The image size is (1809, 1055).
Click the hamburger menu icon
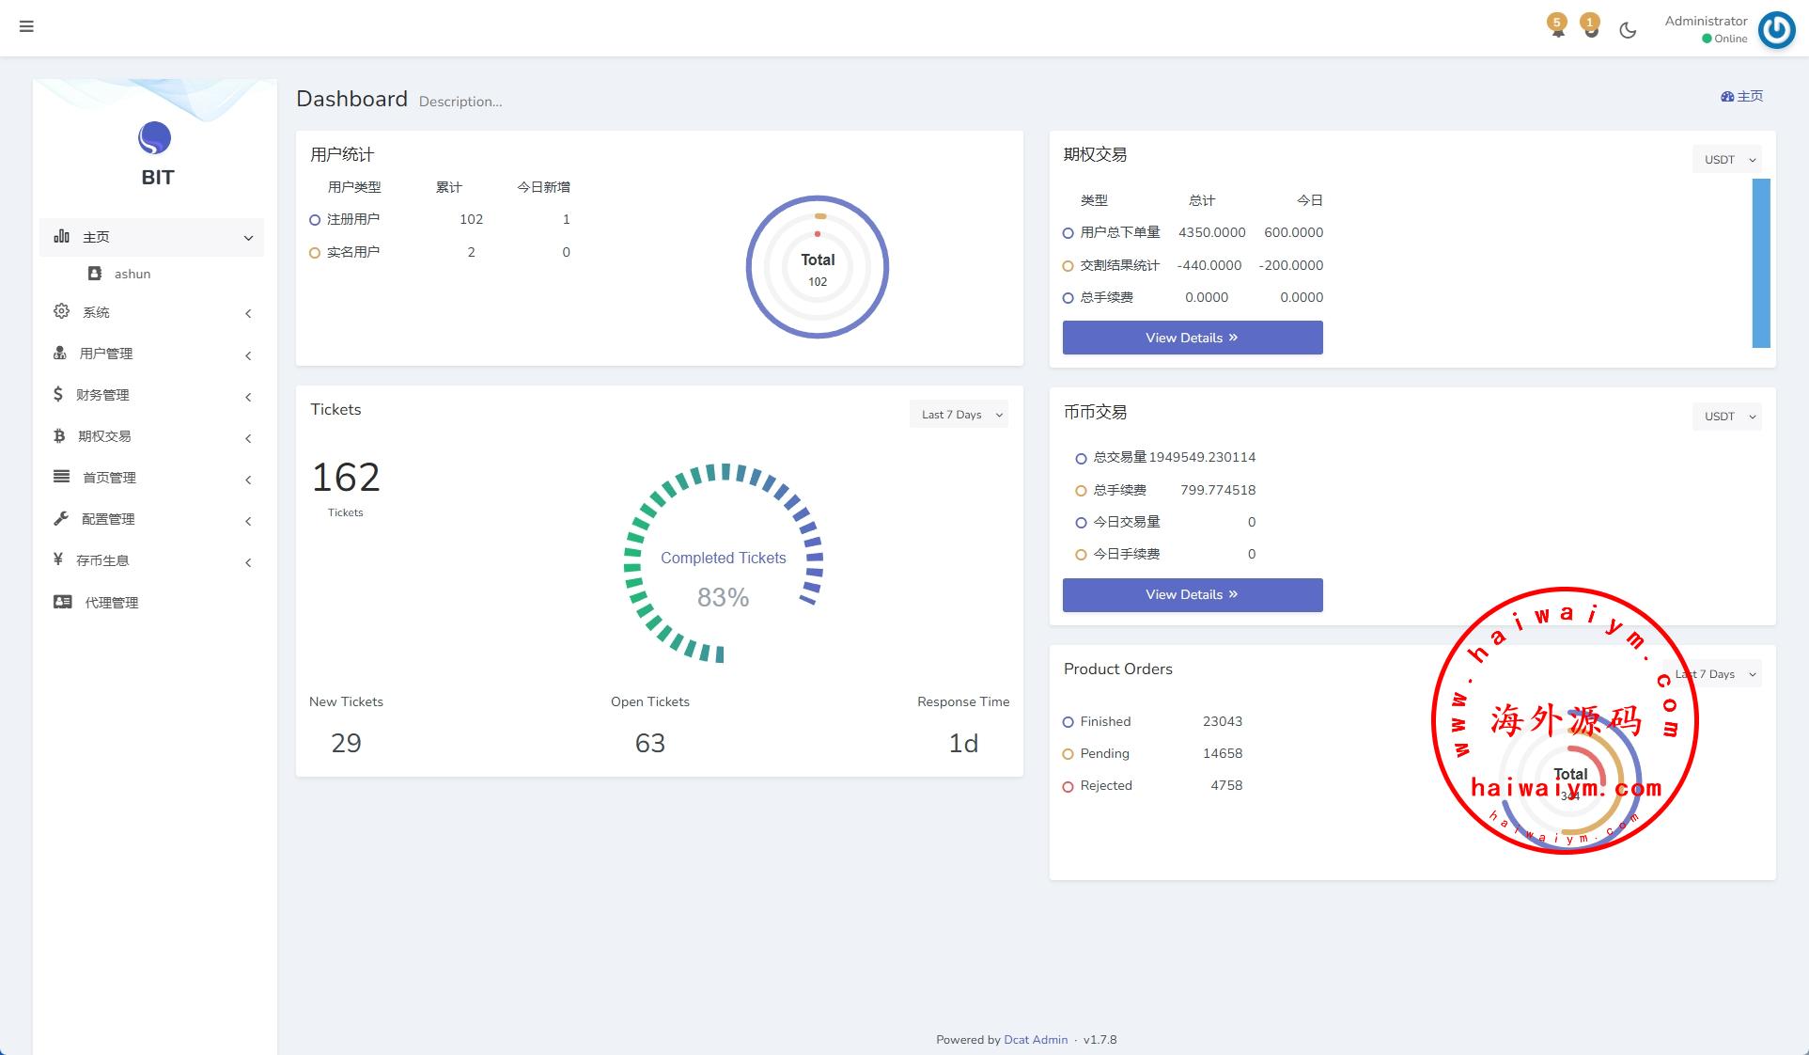26,26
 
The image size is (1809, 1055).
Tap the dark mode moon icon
1628,30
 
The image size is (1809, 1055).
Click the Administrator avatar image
1776,29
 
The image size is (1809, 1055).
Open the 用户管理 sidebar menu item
105,354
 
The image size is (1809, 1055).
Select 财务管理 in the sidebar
102,395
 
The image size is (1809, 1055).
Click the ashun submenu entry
132,274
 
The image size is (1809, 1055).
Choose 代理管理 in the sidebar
111,603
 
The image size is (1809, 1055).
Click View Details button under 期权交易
1192,338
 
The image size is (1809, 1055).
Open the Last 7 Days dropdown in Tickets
959,415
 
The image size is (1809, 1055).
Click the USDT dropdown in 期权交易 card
1726,160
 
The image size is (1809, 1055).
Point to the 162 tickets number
346,478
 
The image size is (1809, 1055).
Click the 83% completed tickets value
723,597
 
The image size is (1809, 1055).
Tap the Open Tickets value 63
649,744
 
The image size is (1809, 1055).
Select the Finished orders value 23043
1222,721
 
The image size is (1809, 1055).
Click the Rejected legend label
1105,785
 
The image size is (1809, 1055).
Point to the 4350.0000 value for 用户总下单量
1211,232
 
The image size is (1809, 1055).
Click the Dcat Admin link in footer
1036,1040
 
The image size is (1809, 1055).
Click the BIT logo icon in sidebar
155,138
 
